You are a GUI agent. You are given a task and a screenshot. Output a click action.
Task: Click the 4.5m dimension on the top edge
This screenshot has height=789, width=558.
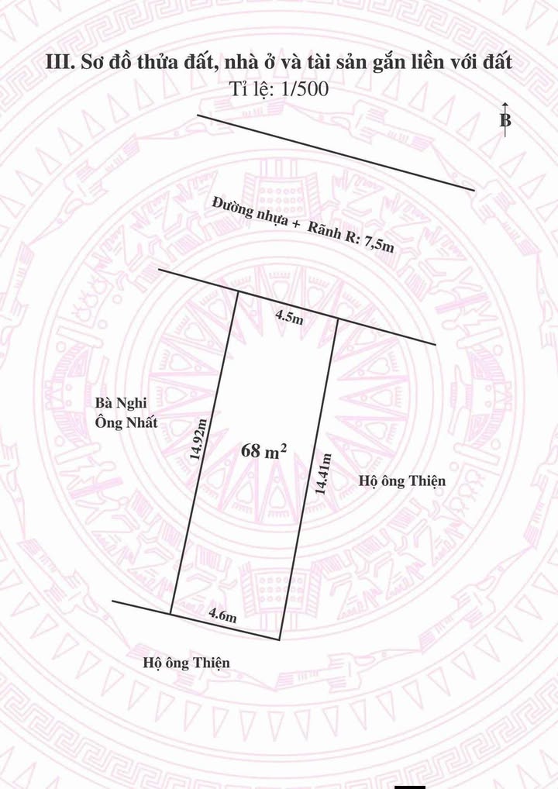click(288, 315)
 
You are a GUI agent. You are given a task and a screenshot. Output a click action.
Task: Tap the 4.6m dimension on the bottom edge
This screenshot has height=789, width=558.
click(222, 615)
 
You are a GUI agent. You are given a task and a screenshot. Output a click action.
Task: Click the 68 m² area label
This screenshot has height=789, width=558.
click(264, 451)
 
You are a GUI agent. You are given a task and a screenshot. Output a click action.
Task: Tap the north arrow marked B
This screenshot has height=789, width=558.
click(505, 120)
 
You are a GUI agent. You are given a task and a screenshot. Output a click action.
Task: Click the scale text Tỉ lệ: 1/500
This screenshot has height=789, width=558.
click(280, 89)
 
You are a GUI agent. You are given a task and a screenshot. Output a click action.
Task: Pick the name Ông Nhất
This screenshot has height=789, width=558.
click(126, 422)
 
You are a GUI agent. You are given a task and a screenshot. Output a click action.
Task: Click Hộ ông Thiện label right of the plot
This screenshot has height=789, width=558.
click(403, 481)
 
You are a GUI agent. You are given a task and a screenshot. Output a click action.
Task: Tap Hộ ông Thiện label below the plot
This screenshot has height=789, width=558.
click(186, 663)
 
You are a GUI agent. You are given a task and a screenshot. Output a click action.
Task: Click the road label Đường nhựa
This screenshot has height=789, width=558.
click(251, 211)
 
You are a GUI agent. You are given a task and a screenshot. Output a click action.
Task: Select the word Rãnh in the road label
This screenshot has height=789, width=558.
click(325, 230)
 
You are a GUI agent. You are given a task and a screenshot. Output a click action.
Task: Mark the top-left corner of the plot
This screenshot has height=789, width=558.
click(236, 291)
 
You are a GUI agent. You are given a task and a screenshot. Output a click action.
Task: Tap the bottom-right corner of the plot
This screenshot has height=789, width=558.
click(280, 640)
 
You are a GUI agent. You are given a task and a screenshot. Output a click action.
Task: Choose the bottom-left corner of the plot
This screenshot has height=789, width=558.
click(170, 614)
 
